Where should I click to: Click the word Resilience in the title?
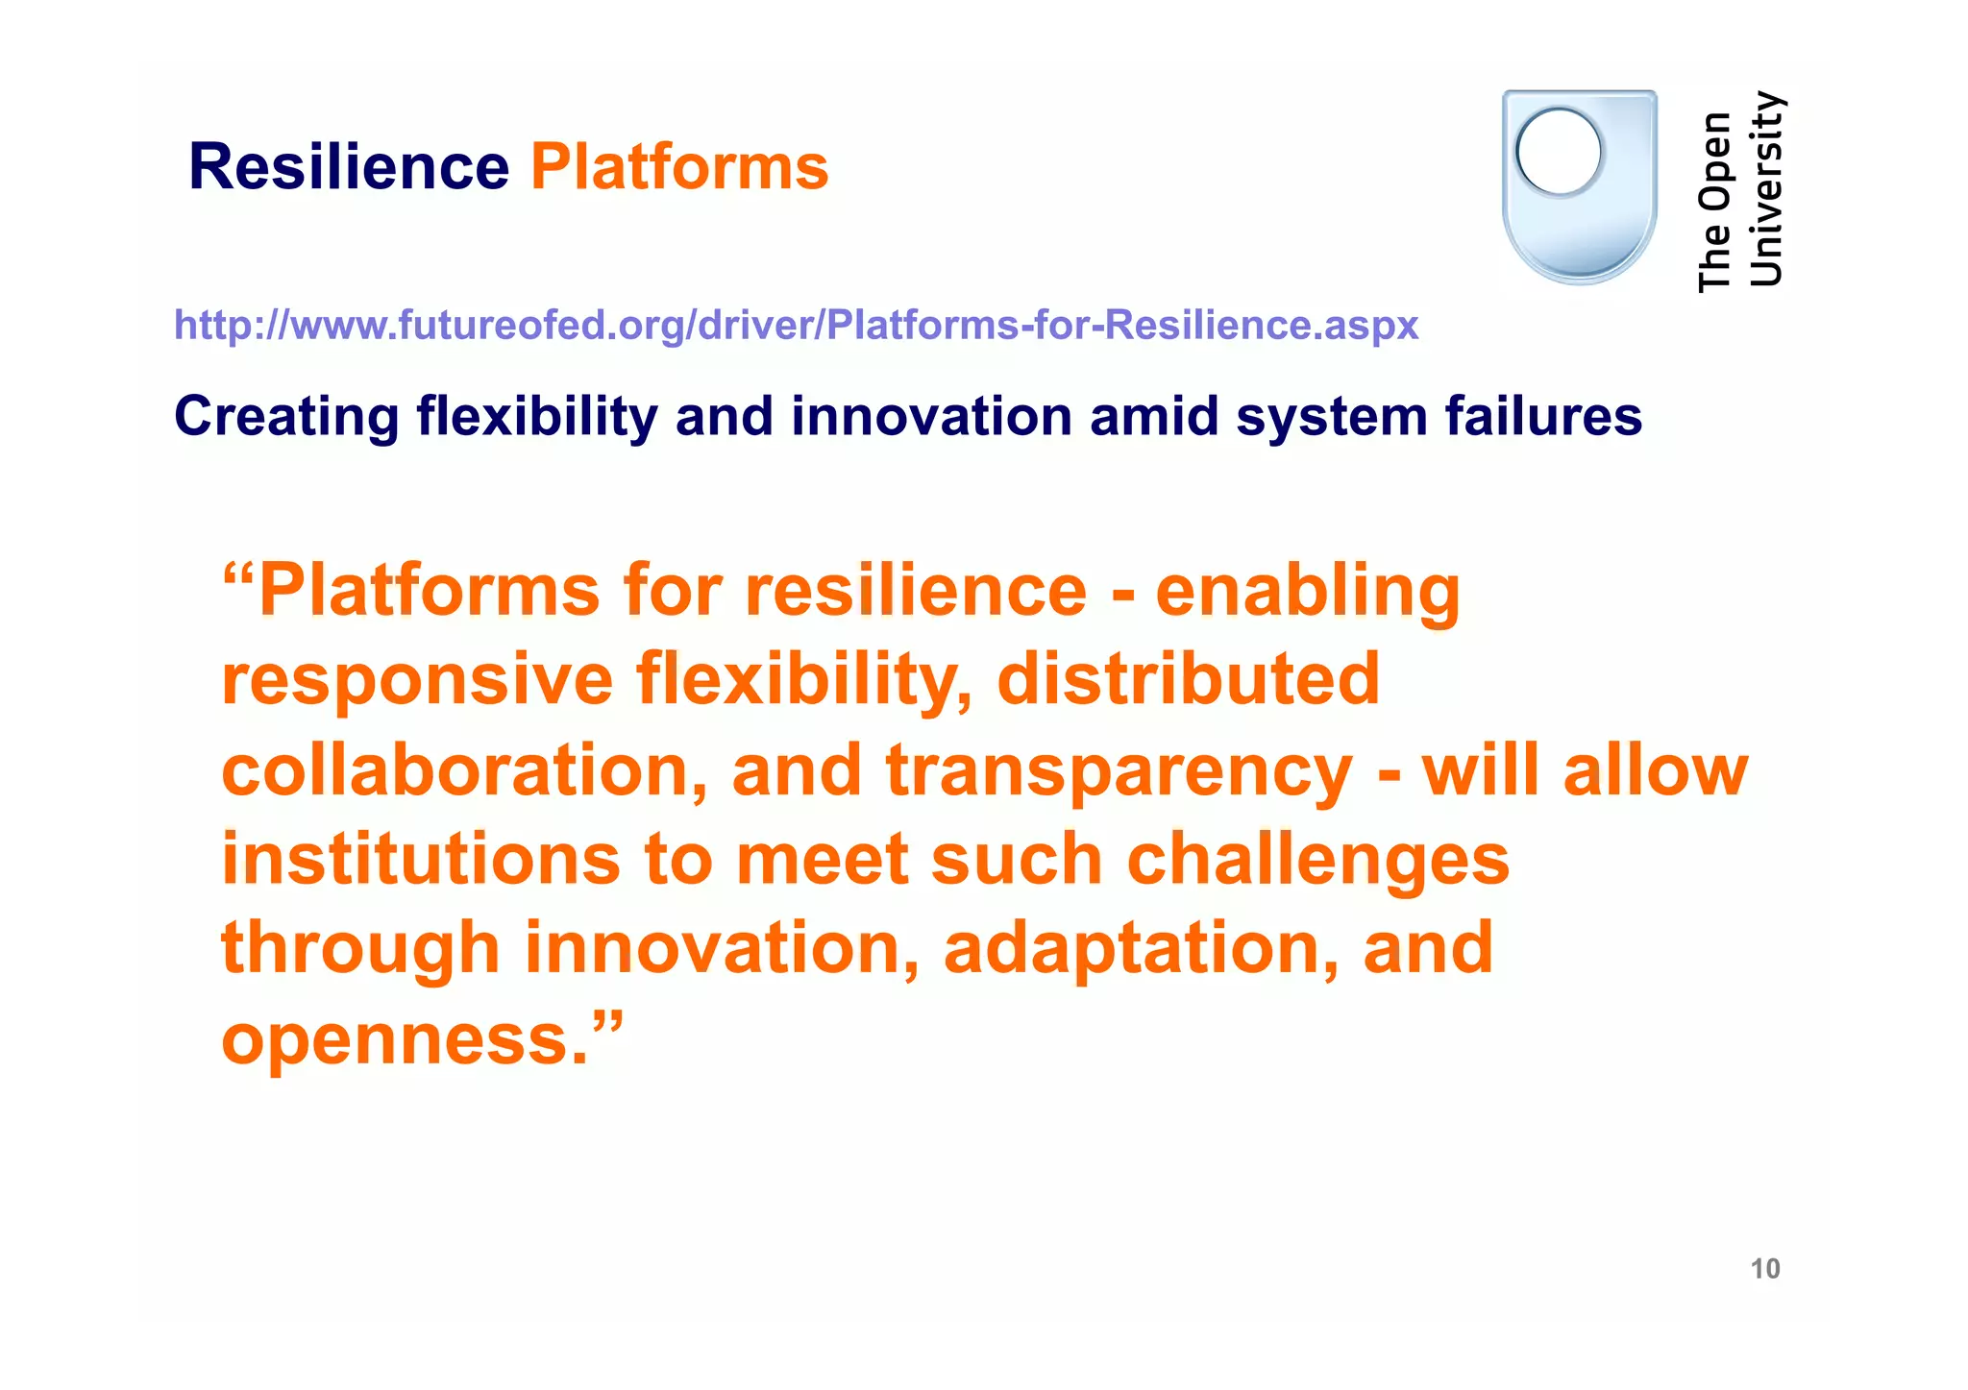click(x=348, y=167)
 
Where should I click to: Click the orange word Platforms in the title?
click(x=679, y=167)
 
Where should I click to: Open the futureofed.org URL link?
click(x=796, y=326)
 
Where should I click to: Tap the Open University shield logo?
click(x=1580, y=187)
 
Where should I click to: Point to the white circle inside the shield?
click(x=1559, y=153)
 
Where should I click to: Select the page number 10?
click(x=1765, y=1269)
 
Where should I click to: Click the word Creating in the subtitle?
click(x=286, y=417)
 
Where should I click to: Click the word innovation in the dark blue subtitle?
click(x=930, y=417)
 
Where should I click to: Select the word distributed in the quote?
click(x=1188, y=678)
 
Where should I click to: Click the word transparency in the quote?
click(x=1119, y=770)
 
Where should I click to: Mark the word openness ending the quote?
click(x=404, y=1039)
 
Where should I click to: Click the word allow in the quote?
click(x=1655, y=770)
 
